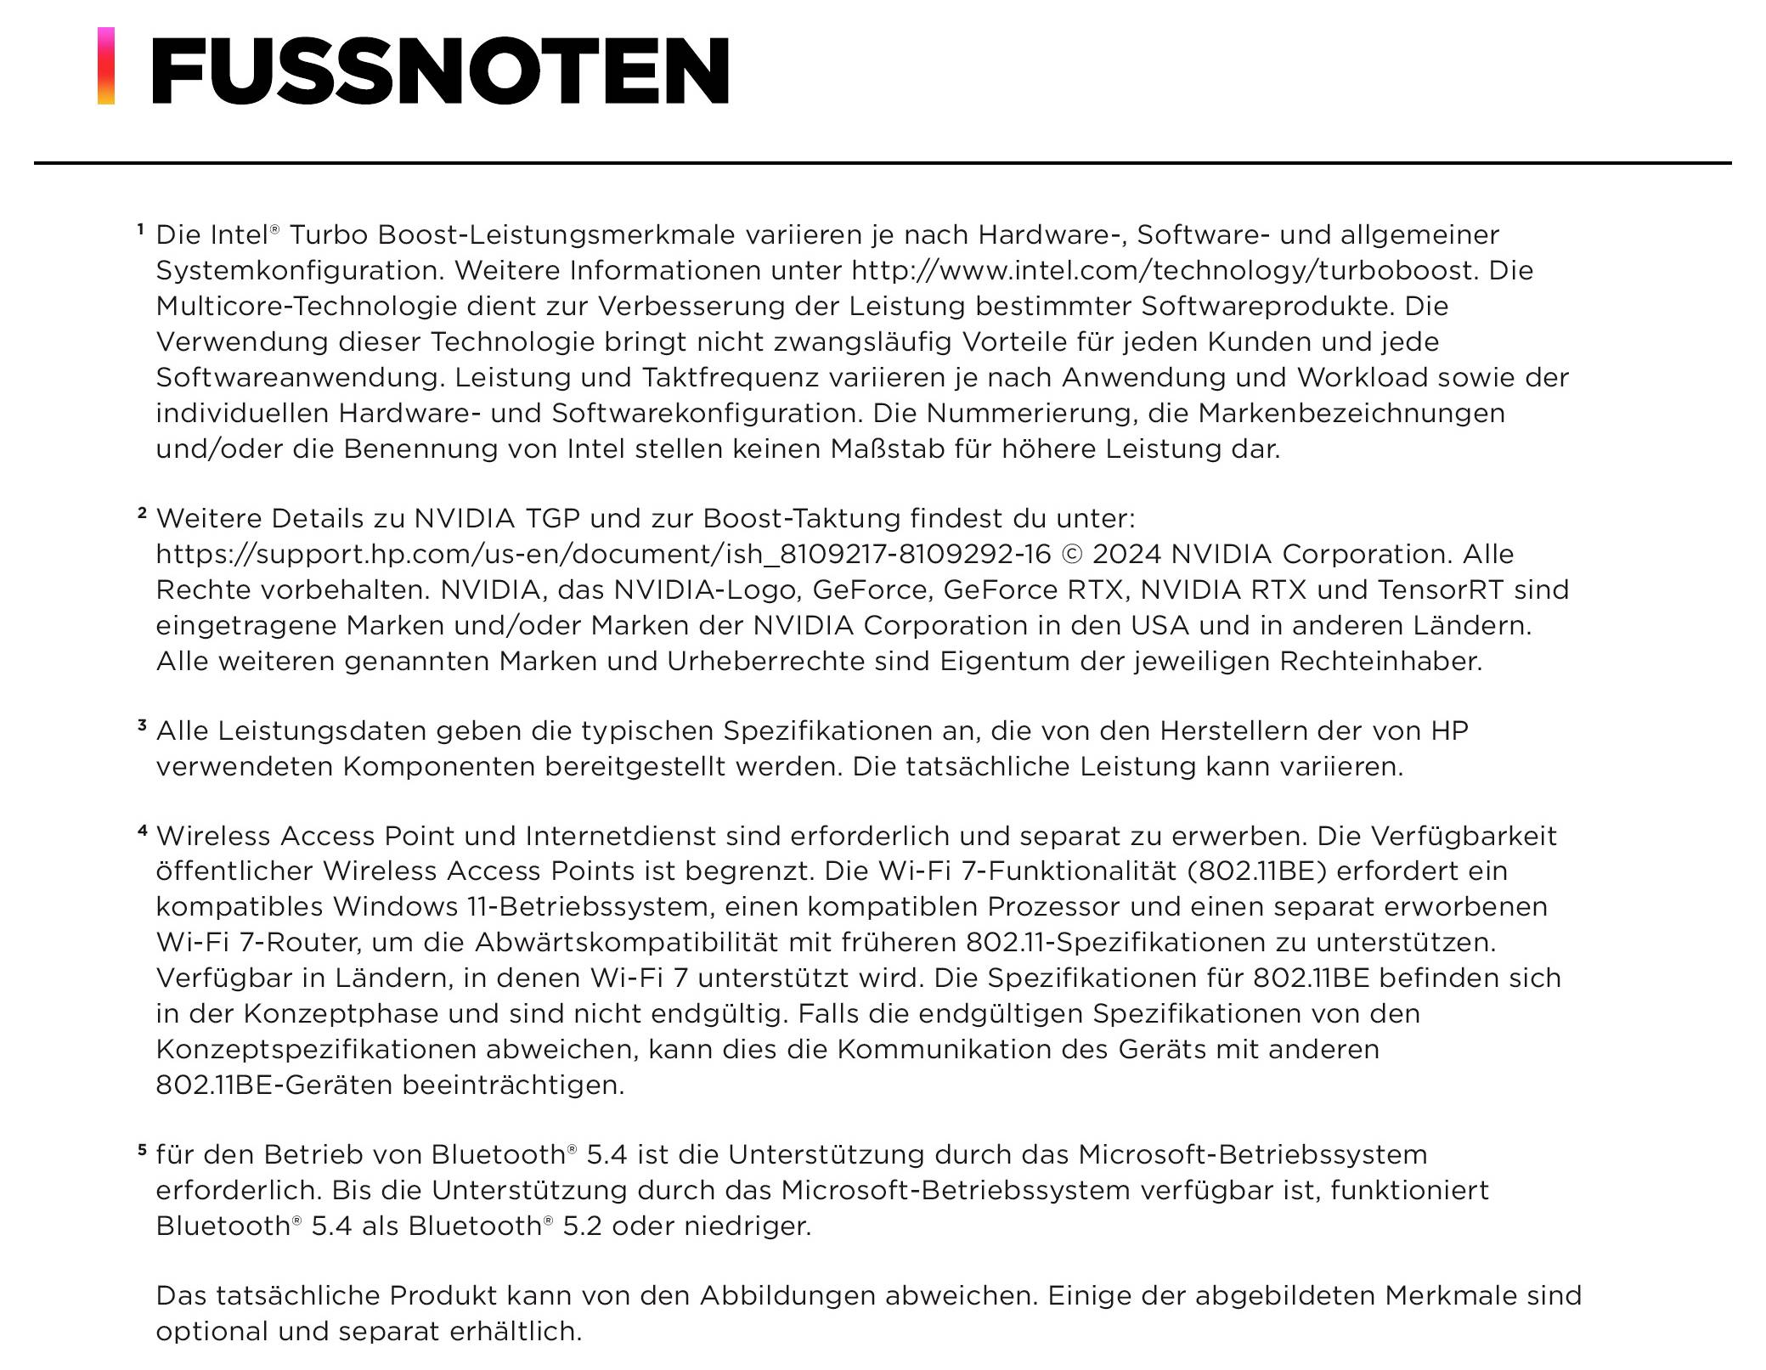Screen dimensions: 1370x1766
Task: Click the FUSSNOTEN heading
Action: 440,70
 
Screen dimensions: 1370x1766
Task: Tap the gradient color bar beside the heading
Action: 106,66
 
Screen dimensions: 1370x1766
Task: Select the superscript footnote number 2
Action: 142,512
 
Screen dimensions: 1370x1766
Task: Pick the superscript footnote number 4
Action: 142,830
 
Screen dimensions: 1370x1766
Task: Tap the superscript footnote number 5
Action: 142,1149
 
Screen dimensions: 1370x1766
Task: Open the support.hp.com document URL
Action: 603,555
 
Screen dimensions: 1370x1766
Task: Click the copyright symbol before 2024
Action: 1072,555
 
